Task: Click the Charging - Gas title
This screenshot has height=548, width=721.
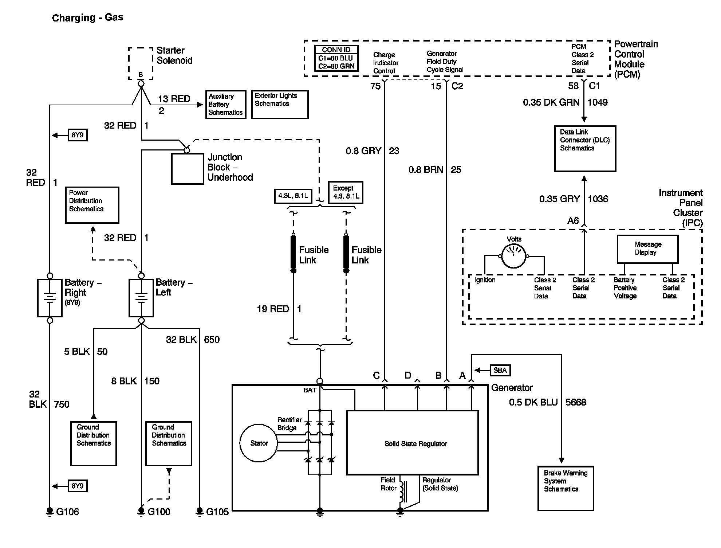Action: [x=88, y=18]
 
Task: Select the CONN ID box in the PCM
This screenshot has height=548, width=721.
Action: [x=336, y=58]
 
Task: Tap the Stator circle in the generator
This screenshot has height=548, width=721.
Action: [x=259, y=443]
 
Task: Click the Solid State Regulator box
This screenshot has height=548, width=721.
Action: [x=413, y=443]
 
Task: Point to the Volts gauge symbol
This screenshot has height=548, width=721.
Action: [x=514, y=256]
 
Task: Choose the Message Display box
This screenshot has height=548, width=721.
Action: [x=647, y=249]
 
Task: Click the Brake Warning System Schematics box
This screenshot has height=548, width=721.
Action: [x=566, y=488]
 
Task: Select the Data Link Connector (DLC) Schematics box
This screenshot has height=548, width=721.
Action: [x=585, y=149]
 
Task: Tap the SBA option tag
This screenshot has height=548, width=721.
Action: [x=500, y=370]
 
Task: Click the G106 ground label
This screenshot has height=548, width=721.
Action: [x=68, y=512]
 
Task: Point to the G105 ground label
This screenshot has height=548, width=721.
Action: [x=217, y=512]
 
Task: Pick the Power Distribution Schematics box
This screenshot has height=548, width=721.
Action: [x=92, y=205]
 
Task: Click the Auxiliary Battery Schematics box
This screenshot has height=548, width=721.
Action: [x=226, y=105]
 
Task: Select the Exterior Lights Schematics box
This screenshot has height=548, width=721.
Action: [x=280, y=105]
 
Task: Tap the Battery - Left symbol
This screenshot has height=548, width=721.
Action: [x=141, y=298]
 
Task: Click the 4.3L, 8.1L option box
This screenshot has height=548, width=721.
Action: [x=293, y=196]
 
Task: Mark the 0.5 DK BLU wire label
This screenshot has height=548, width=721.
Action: [x=533, y=402]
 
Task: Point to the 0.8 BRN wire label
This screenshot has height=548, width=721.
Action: [x=426, y=170]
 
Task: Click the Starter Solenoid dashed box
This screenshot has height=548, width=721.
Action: [x=141, y=63]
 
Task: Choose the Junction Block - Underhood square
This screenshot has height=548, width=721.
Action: [x=188, y=169]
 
